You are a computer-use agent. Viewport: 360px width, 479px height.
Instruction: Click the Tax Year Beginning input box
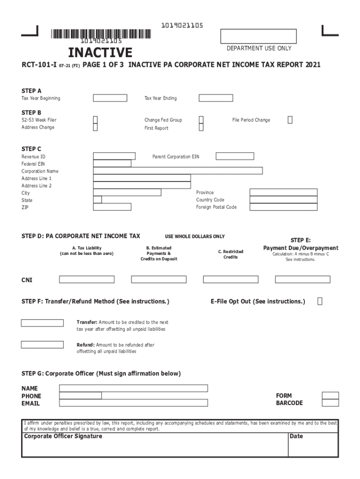tap(110, 98)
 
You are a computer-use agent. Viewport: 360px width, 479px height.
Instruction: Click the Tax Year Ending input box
tap(216, 98)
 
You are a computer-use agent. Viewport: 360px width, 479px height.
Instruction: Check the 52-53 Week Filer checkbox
tap(95, 120)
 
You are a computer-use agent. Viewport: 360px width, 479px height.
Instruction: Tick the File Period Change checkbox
tap(290, 120)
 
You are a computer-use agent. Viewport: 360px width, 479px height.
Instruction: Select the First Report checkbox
tap(201, 128)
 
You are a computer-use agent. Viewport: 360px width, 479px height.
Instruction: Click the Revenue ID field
tap(114, 156)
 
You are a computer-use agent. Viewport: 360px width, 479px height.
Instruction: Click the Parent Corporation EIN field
tap(235, 156)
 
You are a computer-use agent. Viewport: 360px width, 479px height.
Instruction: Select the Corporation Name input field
tap(178, 171)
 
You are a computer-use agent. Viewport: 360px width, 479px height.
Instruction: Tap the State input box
tap(97, 200)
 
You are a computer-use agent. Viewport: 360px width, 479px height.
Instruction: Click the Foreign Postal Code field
tap(283, 207)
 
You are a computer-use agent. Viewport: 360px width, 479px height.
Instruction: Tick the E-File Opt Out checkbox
tap(320, 301)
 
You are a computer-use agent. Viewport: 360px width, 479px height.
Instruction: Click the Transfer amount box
tap(42, 323)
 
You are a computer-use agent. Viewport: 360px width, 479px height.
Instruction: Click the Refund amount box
tap(42, 345)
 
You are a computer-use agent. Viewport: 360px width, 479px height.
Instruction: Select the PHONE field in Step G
tap(80, 396)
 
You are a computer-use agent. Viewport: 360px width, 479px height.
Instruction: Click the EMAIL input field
tap(133, 403)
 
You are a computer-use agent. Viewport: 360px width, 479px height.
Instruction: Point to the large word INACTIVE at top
tap(100, 52)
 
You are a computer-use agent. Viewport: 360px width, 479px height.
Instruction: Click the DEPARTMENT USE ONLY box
tap(258, 36)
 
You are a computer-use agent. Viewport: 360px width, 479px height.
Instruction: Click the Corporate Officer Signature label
tap(63, 436)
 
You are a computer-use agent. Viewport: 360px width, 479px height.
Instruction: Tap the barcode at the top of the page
tap(101, 34)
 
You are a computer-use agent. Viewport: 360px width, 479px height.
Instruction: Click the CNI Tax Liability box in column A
tap(86, 279)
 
